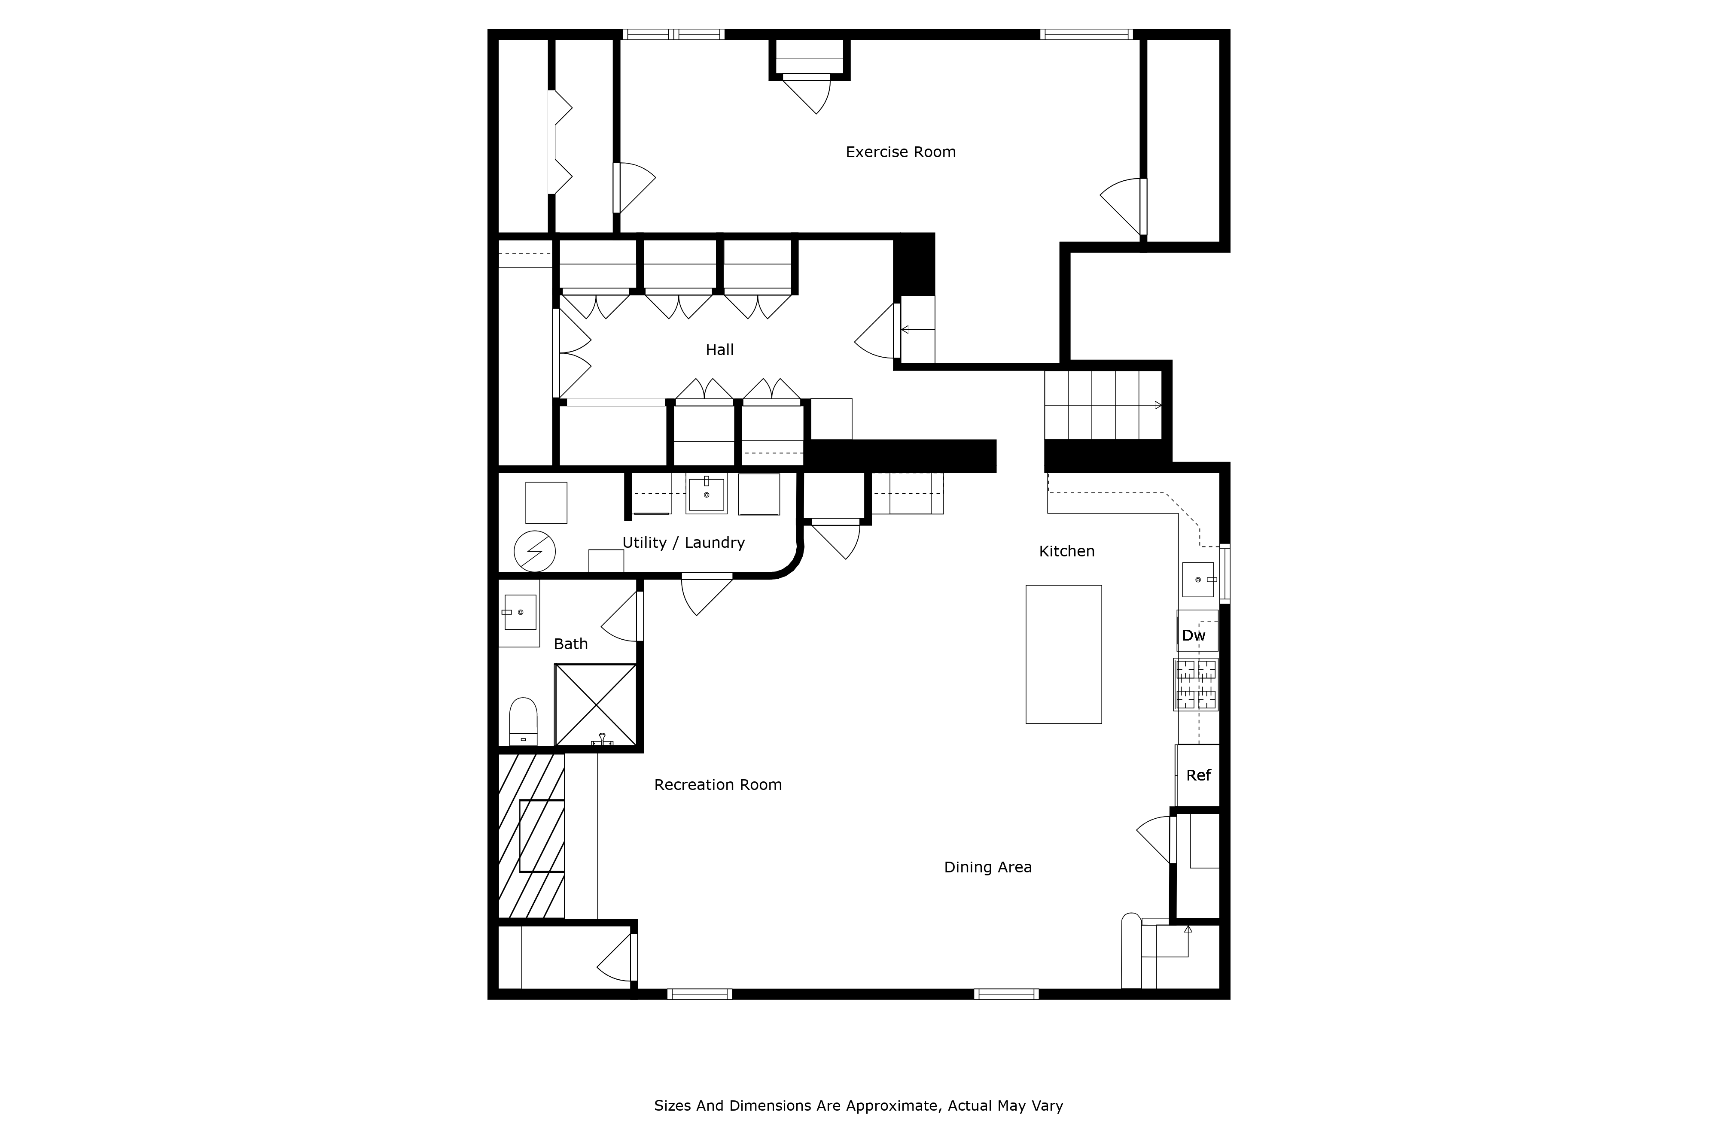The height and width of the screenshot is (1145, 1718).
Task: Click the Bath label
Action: click(570, 644)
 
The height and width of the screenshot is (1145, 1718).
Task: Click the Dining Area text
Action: click(987, 868)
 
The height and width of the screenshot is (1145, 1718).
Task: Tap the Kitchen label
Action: click(1066, 551)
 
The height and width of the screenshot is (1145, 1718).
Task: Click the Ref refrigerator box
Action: click(1197, 775)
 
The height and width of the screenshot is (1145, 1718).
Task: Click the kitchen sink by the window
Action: click(1198, 579)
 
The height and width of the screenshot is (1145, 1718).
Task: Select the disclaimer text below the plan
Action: click(858, 1106)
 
